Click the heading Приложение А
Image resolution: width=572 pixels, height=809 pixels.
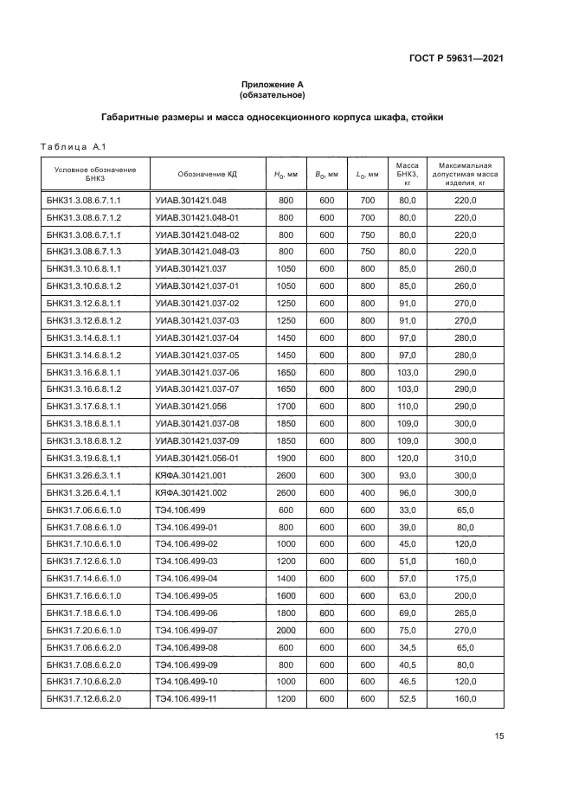(x=273, y=85)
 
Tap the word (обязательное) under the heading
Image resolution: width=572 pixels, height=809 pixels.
(x=273, y=95)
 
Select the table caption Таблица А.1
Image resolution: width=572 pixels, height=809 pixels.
(x=73, y=145)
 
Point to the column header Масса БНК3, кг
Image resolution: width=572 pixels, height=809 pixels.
(x=408, y=174)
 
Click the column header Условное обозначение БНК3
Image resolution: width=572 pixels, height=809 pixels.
(x=95, y=174)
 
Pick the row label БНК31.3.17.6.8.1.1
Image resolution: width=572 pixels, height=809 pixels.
(x=83, y=406)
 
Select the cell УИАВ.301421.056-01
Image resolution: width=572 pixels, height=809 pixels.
(x=196, y=458)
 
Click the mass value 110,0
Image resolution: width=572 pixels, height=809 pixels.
(x=408, y=406)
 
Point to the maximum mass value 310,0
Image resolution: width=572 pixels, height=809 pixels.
(x=466, y=458)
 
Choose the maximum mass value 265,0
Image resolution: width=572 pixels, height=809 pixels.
(x=466, y=613)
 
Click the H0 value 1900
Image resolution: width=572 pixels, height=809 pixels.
(x=286, y=458)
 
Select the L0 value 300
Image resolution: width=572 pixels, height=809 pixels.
(x=367, y=475)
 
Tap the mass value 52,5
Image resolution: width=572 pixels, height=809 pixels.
(x=408, y=700)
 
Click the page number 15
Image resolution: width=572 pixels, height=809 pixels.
(x=498, y=736)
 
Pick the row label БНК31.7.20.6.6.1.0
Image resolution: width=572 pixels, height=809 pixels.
(x=83, y=631)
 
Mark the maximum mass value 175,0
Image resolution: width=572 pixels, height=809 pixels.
(x=466, y=579)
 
